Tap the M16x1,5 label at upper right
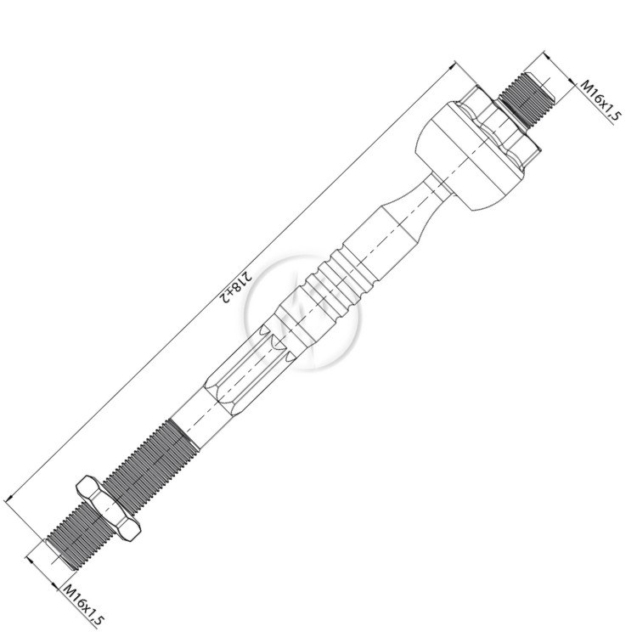pos(600,100)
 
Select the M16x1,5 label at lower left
pos(83,606)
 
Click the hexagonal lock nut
pos(109,509)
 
